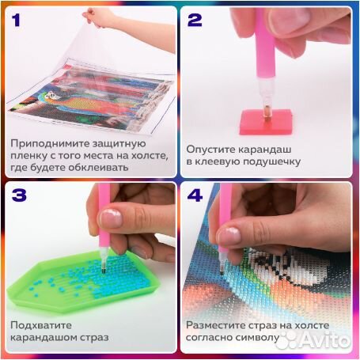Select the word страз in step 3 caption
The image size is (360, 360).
coord(93,339)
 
